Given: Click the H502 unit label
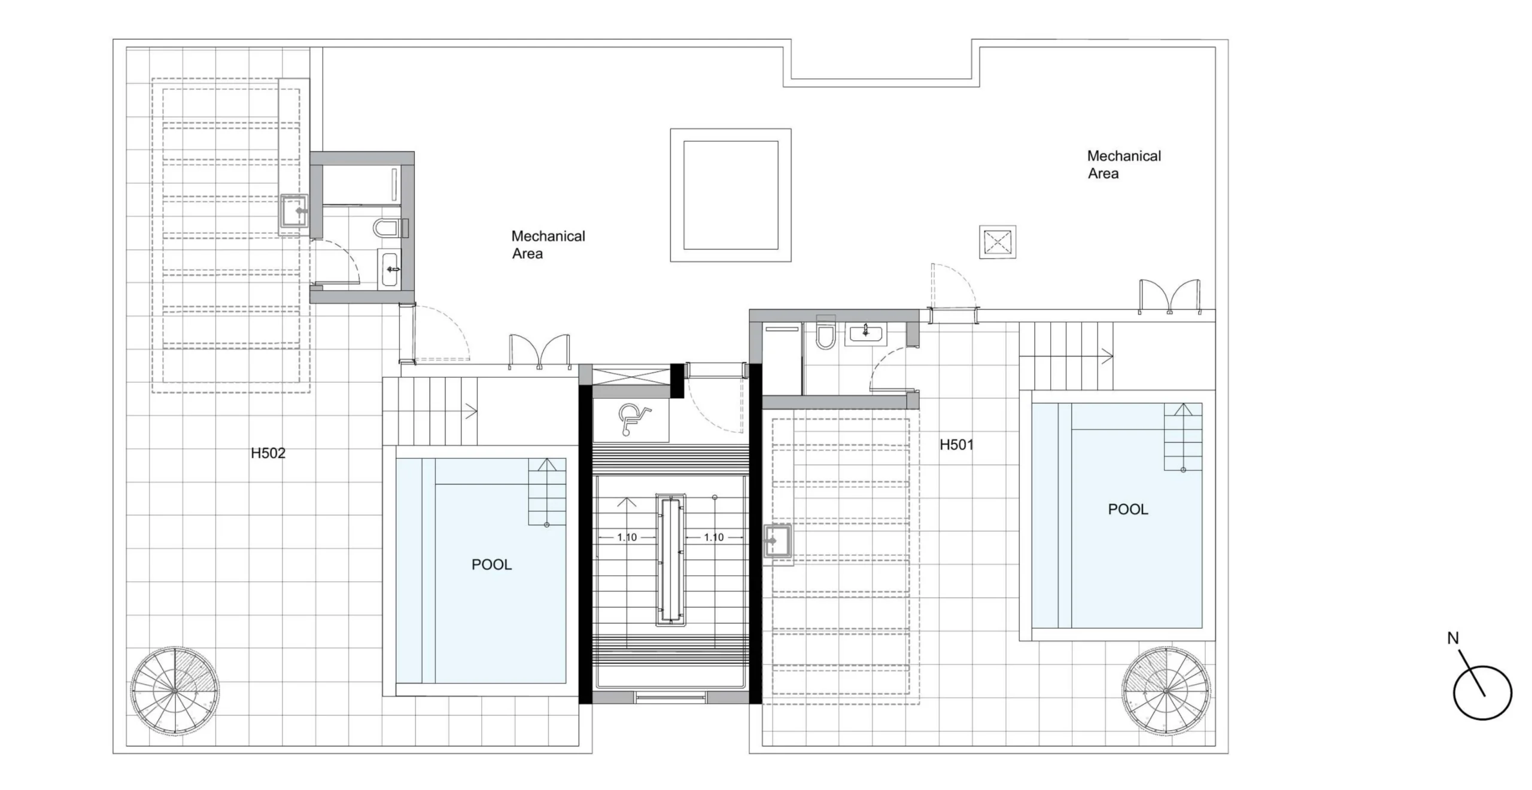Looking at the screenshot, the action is click(x=268, y=453).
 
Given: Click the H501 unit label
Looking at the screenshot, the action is click(x=956, y=445).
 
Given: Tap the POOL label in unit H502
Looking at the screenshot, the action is click(x=491, y=565).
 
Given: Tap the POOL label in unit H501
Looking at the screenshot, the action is click(x=1128, y=510).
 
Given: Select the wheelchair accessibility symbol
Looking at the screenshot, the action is click(x=633, y=419).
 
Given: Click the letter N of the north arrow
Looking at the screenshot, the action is click(x=1453, y=639).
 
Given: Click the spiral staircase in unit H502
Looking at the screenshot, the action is click(x=174, y=691).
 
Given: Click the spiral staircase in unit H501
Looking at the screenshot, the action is click(x=1166, y=691).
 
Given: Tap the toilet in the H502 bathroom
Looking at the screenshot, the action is click(x=388, y=227).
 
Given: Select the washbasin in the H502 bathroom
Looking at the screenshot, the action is click(x=390, y=270).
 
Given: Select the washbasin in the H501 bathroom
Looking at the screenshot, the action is click(x=865, y=334).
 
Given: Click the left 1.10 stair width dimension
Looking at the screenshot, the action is click(x=627, y=538).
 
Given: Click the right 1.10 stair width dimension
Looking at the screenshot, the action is click(x=713, y=538).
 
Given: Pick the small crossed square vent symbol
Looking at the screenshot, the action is click(x=998, y=242).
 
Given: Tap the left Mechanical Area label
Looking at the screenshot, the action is click(x=548, y=245).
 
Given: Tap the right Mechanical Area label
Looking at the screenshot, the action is click(x=1124, y=164).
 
